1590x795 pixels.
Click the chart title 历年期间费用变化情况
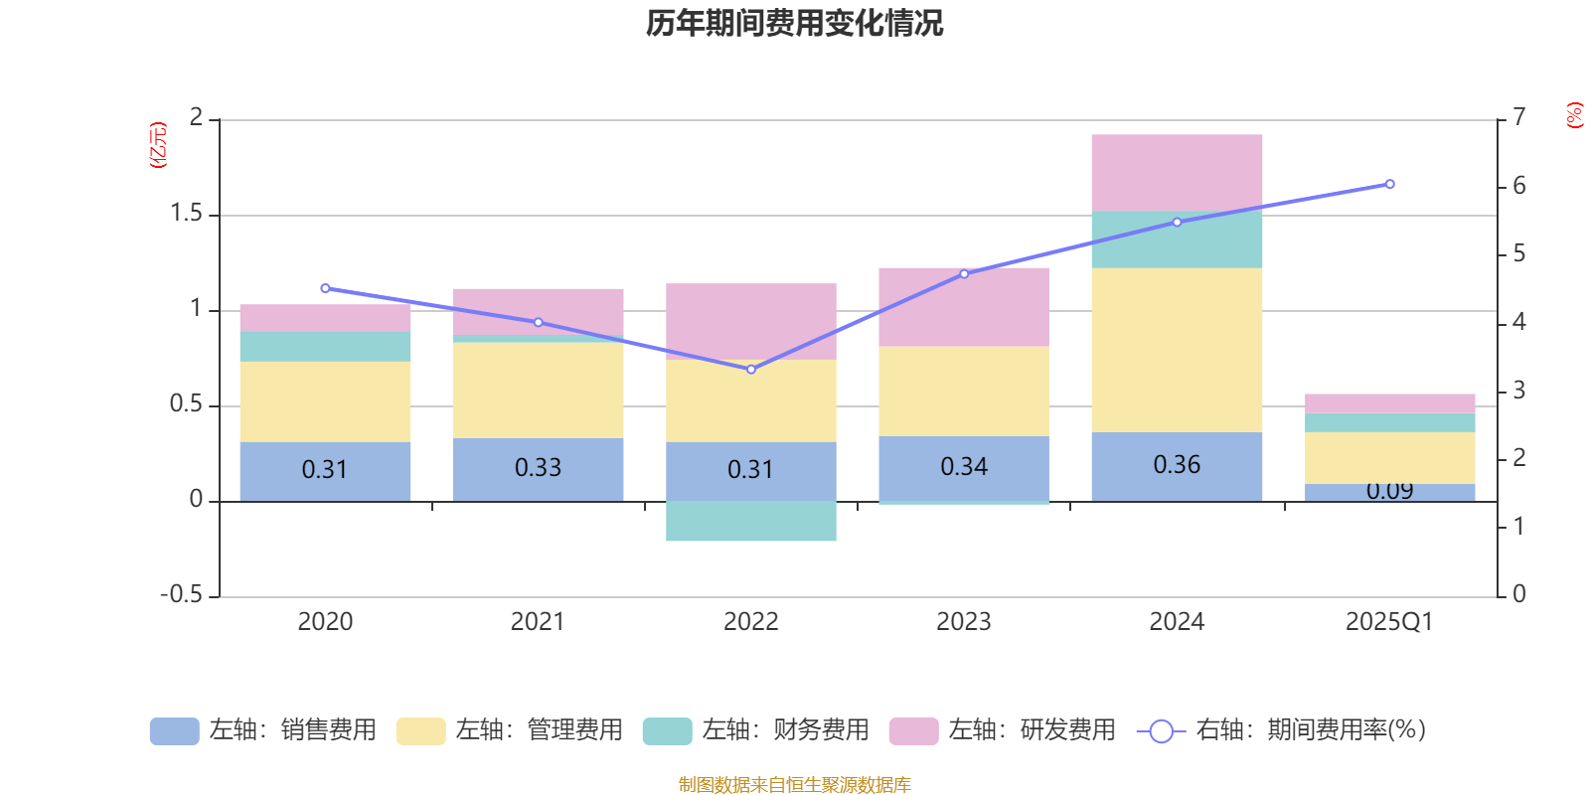point(794,24)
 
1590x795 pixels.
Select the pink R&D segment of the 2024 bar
point(1177,172)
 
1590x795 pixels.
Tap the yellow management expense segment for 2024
point(1177,350)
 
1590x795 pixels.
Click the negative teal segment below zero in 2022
point(750,521)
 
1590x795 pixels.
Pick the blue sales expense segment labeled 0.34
point(963,467)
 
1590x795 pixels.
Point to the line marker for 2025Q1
point(1389,184)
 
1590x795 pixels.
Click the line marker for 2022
point(750,370)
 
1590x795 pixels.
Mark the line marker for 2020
point(325,288)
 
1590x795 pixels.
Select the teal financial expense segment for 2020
point(325,346)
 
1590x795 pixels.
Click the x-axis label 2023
point(963,622)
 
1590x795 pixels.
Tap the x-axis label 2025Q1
point(1389,622)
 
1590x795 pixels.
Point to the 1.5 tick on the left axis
point(186,214)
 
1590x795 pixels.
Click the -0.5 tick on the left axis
point(181,594)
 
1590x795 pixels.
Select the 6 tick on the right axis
point(1518,186)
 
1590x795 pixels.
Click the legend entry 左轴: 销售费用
point(263,730)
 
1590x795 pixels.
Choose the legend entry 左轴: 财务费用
point(756,730)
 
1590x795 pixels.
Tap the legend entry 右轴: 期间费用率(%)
point(1282,730)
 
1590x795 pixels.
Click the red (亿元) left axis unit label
point(158,145)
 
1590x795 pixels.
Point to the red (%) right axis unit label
point(1574,115)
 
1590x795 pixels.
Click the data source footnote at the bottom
point(794,785)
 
